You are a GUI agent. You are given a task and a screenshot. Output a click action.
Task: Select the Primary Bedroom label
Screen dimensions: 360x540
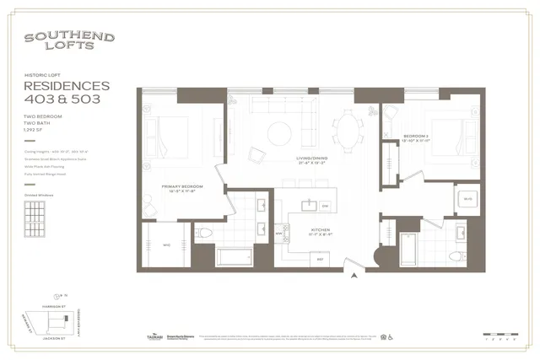coord(184,187)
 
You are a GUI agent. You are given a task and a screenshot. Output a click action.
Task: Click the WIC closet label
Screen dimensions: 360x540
coord(166,245)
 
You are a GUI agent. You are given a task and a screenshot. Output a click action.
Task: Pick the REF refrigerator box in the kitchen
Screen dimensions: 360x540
coord(321,260)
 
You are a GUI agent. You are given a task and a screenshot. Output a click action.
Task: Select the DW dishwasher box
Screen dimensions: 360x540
coord(324,206)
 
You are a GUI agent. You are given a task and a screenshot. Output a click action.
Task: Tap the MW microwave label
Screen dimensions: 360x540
coord(279,234)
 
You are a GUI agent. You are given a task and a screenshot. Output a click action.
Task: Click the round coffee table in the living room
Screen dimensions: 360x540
coord(279,132)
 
